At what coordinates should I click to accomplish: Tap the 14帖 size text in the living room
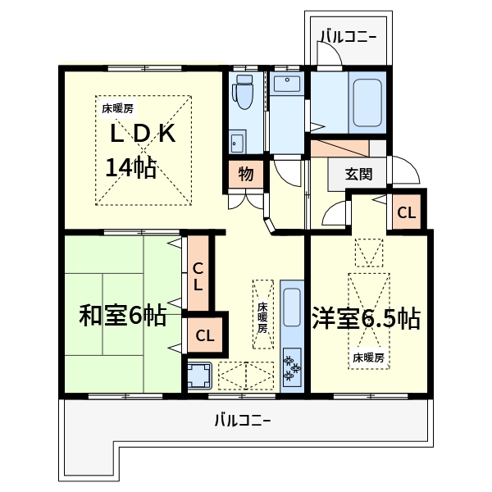coord(131,167)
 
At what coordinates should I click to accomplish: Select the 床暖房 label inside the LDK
coord(118,107)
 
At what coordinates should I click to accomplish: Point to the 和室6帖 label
coord(123,316)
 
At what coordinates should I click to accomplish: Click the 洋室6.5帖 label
coord(367,318)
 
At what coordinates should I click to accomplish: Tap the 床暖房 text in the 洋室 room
coord(369,358)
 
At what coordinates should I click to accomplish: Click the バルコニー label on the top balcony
coord(348,36)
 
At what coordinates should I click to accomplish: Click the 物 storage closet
coord(245,174)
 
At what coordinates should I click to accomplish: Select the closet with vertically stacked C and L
coord(198,276)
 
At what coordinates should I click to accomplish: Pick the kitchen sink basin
coord(292,308)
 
